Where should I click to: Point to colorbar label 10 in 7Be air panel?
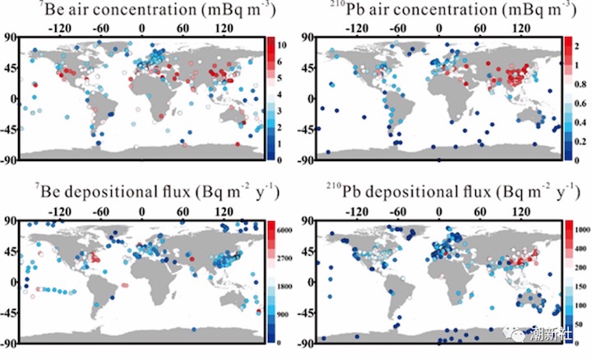pyautogui.click(x=281, y=44)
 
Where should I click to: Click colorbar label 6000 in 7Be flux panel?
pyautogui.click(x=284, y=232)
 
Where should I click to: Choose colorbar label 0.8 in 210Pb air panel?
pyautogui.click(x=580, y=83)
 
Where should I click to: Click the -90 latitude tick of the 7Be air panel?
pyautogui.click(x=9, y=159)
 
